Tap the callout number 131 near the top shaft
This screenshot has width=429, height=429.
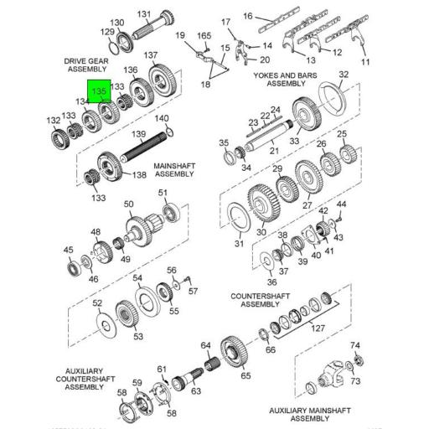[144, 14]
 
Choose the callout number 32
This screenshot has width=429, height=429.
[343, 75]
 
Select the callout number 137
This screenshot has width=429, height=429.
[151, 55]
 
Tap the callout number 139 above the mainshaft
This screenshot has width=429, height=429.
[140, 135]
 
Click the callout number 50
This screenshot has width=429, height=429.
[128, 204]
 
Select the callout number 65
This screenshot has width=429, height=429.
[245, 375]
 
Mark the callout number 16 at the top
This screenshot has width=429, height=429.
[247, 15]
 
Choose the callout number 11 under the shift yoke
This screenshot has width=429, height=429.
[364, 63]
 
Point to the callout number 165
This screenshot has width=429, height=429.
[204, 35]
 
